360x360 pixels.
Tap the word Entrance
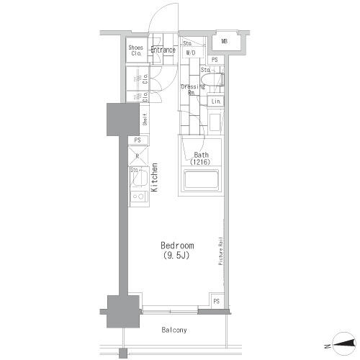point(163,50)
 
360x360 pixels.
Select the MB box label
point(225,42)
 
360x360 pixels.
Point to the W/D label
point(192,53)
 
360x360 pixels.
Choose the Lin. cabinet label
point(216,102)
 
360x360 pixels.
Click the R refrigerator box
point(137,154)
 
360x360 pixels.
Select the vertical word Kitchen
point(155,178)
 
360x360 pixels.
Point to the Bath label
point(201,155)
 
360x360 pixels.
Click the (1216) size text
point(201,163)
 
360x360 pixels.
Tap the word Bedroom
point(177,245)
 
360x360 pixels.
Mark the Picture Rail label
point(220,252)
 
